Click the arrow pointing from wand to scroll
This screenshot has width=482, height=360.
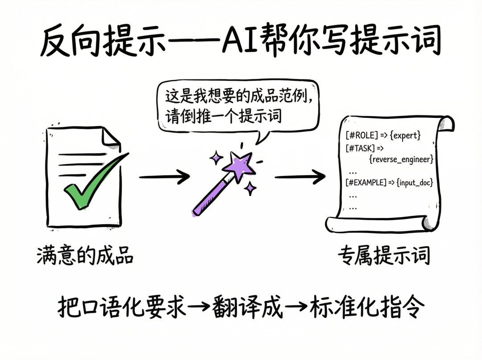pos(299,177)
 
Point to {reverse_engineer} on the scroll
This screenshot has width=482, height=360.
pos(401,159)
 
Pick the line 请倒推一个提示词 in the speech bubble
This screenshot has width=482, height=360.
pos(220,115)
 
